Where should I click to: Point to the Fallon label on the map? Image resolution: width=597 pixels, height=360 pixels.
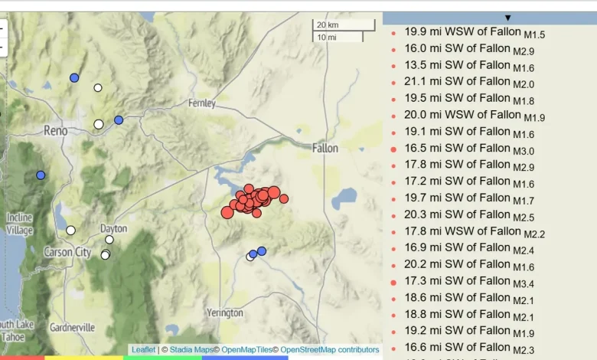pyautogui.click(x=329, y=148)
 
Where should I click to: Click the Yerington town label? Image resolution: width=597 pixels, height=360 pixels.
pyautogui.click(x=224, y=313)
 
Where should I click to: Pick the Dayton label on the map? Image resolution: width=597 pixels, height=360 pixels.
pyautogui.click(x=113, y=228)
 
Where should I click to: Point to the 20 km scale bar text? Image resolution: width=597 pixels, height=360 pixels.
pyautogui.click(x=328, y=25)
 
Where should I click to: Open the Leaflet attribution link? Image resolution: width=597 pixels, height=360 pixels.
pyautogui.click(x=143, y=350)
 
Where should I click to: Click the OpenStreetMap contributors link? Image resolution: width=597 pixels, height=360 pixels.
pyautogui.click(x=329, y=350)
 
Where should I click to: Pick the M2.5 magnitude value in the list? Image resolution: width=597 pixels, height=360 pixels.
pyautogui.click(x=523, y=218)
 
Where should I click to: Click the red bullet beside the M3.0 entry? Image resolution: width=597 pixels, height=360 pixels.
pyautogui.click(x=393, y=149)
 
